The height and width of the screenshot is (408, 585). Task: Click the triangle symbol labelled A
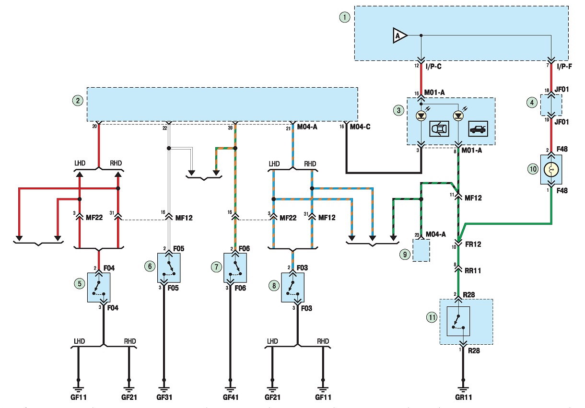399,35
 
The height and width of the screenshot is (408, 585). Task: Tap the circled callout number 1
345,18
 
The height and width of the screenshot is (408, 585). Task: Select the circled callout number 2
78,101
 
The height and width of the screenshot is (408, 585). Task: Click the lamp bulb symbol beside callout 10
551,170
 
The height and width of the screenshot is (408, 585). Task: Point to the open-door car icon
439,128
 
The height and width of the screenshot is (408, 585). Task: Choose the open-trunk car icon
478,128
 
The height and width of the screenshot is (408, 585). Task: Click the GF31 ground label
164,397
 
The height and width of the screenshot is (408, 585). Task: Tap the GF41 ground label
231,397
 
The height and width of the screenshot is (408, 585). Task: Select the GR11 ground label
464,397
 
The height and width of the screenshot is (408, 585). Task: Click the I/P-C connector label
433,67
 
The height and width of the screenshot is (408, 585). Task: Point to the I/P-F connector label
564,67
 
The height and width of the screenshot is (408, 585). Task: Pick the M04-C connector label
360,127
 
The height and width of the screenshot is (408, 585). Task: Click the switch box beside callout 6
169,268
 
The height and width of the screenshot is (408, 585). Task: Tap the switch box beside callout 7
235,268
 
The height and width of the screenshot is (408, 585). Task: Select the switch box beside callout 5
98,288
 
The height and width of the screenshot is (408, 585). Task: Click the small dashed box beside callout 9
421,250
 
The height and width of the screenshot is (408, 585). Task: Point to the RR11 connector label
473,270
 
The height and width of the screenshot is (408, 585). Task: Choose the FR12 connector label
473,244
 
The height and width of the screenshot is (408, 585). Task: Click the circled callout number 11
432,317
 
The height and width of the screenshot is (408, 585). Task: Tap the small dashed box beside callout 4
551,105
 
